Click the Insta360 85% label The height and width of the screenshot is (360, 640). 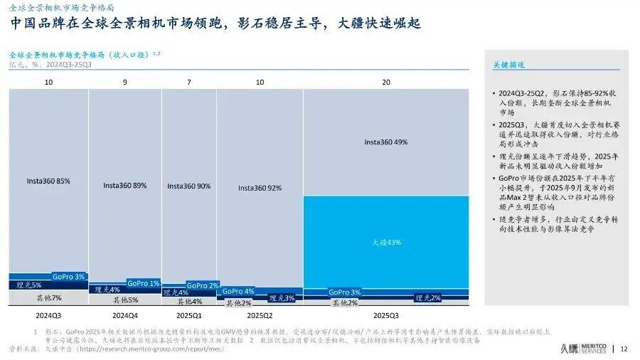click(48, 181)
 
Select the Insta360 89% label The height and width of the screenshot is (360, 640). click(125, 185)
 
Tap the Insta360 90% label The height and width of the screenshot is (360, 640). click(188, 185)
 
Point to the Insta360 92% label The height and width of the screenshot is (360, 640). click(260, 188)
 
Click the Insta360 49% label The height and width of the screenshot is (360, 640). click(385, 142)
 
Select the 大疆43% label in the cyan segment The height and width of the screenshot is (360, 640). click(387, 242)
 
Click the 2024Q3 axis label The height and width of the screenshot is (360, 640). click(48, 314)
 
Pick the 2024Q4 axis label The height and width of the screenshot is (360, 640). click(125, 314)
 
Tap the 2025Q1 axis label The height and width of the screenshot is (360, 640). click(188, 314)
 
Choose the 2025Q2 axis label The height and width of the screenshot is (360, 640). click(260, 314)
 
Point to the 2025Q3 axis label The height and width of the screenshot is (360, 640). click(386, 314)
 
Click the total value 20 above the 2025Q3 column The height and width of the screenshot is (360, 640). click(386, 83)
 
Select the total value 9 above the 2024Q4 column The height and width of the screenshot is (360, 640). click(125, 83)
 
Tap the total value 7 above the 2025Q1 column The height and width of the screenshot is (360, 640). click(188, 83)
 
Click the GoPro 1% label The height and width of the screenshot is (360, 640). click(144, 283)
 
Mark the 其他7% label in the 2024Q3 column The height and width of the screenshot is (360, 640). click(49, 297)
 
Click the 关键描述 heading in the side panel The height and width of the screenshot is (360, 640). click(508, 64)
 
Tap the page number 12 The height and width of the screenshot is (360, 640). click(624, 349)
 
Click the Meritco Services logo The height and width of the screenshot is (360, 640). click(584, 348)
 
